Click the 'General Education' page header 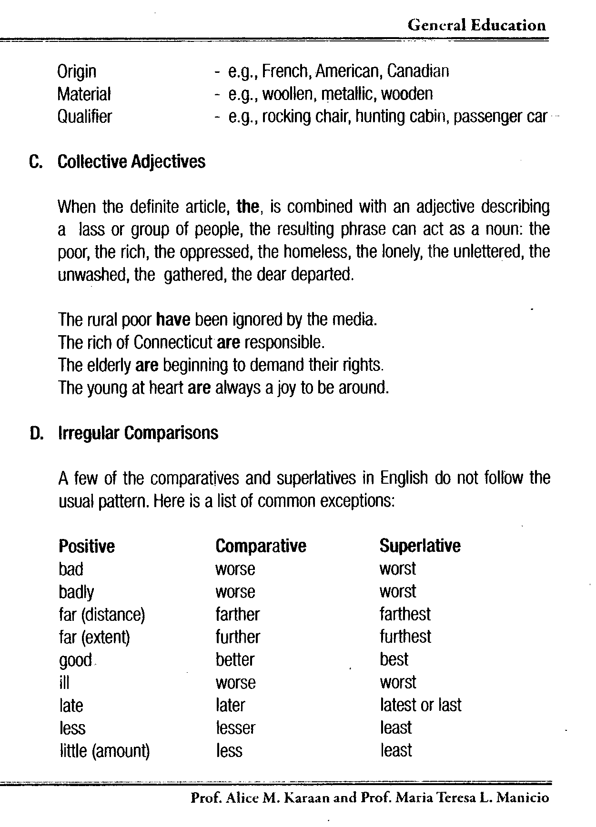pyautogui.click(x=476, y=25)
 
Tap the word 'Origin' pyautogui.click(x=76, y=71)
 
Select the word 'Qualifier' pyautogui.click(x=84, y=116)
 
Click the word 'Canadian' pyautogui.click(x=418, y=71)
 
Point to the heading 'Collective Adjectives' pyautogui.click(x=131, y=162)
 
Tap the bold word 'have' pyautogui.click(x=173, y=319)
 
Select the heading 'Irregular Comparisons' pyautogui.click(x=138, y=433)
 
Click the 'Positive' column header pyautogui.click(x=87, y=546)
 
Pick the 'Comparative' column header pyautogui.click(x=261, y=546)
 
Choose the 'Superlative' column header pyautogui.click(x=420, y=546)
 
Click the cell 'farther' pyautogui.click(x=237, y=614)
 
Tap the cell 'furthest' pyautogui.click(x=405, y=637)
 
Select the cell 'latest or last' pyautogui.click(x=420, y=705)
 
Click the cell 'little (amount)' pyautogui.click(x=104, y=751)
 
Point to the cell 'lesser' pyautogui.click(x=235, y=728)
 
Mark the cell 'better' pyautogui.click(x=235, y=660)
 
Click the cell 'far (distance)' pyautogui.click(x=101, y=615)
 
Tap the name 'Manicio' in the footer pyautogui.click(x=523, y=797)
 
